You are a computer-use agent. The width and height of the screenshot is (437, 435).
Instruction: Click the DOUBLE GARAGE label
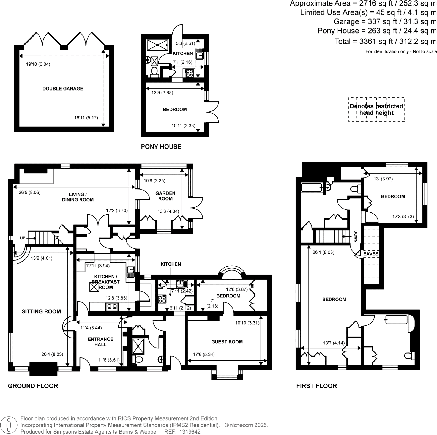click(x=63, y=89)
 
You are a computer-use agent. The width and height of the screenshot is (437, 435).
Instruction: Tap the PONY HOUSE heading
click(x=161, y=147)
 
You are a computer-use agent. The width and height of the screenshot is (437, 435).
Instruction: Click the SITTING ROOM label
click(x=41, y=311)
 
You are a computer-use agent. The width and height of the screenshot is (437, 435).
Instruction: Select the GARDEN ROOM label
click(x=165, y=196)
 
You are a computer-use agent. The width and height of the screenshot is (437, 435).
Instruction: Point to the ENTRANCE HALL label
click(x=100, y=342)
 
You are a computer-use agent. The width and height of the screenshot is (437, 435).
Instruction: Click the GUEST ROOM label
click(x=227, y=342)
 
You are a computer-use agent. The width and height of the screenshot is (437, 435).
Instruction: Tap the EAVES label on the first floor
click(x=371, y=254)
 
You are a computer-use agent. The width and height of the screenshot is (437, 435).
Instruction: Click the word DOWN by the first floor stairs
click(x=355, y=236)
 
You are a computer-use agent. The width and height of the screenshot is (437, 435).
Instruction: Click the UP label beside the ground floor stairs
click(x=23, y=238)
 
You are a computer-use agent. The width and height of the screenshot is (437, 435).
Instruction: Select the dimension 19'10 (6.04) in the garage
click(x=38, y=64)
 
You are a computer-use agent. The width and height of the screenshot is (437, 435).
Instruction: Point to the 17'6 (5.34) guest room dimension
click(x=204, y=355)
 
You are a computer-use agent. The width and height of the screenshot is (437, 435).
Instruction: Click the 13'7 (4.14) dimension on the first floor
click(x=334, y=343)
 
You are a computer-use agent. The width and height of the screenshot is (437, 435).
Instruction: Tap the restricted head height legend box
click(x=376, y=110)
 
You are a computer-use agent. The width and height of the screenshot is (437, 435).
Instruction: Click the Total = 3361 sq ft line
click(x=385, y=42)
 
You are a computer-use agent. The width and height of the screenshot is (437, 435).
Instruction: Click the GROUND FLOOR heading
click(x=33, y=386)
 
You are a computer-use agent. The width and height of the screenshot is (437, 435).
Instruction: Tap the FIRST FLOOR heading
click(x=316, y=386)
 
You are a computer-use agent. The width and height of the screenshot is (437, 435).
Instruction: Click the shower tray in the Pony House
click(x=157, y=45)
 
